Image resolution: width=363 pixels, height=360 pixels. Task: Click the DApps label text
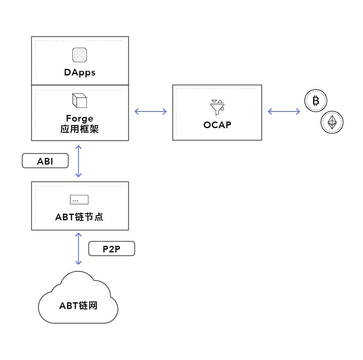pos(80,72)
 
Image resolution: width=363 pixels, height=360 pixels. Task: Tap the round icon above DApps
pos(80,55)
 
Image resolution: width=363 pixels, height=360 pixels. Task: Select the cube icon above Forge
pos(80,101)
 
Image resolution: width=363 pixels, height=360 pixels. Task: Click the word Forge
pos(80,118)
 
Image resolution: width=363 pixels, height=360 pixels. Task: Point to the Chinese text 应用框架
pos(80,129)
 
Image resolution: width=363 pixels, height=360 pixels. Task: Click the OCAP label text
pos(217,125)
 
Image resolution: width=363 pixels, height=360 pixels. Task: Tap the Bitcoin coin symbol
pos(316,101)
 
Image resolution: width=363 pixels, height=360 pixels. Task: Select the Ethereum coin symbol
pos(332,122)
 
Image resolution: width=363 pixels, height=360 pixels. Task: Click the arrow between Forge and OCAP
pos(150,112)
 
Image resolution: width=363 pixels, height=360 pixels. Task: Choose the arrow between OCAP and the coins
pos(284,112)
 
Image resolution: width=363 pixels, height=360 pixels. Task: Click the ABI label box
pos(45,161)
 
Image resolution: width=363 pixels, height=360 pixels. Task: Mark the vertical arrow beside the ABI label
pos(79,161)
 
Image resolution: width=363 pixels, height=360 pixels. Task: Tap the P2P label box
pos(112,249)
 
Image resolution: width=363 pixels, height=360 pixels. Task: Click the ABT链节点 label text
pos(79,217)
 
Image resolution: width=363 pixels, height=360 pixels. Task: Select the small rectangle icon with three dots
pos(79,200)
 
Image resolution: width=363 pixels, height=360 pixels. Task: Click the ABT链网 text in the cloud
pos(78,305)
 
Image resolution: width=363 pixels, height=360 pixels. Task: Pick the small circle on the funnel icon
pos(222,109)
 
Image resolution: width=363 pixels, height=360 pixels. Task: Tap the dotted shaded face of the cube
pos(74,101)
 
